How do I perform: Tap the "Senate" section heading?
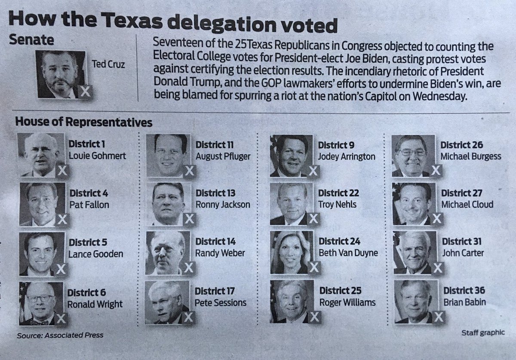[31, 40]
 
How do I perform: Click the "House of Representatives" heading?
[83, 122]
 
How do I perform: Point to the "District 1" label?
[87, 144]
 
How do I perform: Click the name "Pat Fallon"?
[89, 205]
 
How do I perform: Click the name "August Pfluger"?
[223, 156]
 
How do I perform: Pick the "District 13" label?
[215, 193]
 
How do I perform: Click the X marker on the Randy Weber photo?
[188, 268]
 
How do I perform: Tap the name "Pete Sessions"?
[221, 303]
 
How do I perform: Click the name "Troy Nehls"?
[338, 204]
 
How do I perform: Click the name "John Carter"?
[463, 253]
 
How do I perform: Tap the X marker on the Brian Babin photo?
[439, 317]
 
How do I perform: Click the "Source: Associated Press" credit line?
[60, 335]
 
